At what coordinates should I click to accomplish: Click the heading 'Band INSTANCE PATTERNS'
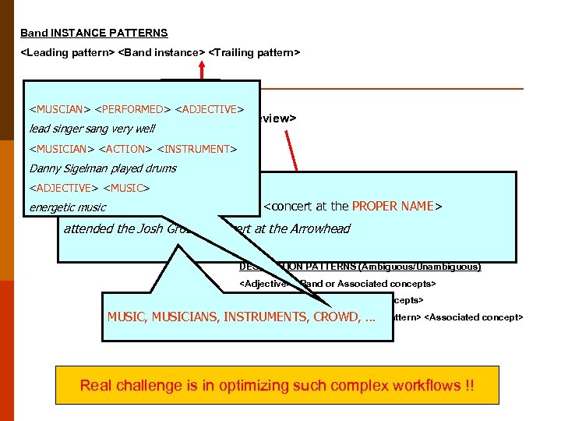click(93, 34)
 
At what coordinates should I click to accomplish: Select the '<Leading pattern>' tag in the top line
click(67, 52)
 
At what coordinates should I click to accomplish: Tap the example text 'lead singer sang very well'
click(92, 129)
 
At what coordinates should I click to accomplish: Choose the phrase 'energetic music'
click(67, 208)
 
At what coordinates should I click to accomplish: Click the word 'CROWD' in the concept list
click(331, 317)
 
